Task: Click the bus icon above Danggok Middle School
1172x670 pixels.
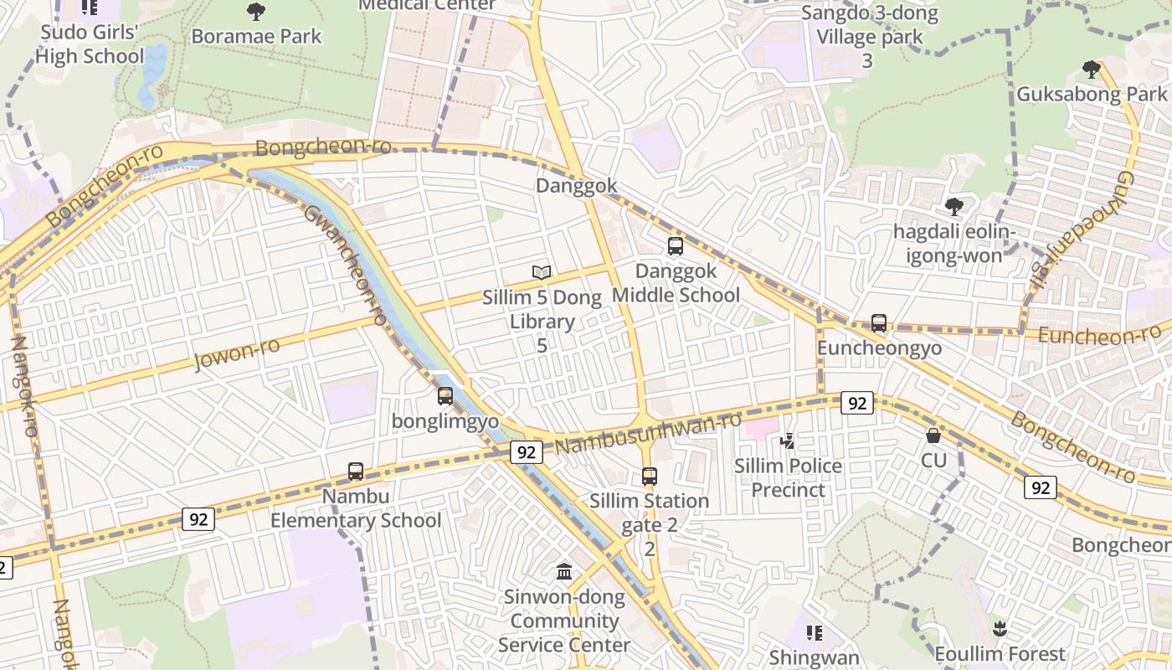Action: click(676, 246)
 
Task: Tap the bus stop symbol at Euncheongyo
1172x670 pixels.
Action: click(879, 323)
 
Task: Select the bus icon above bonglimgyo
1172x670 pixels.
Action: click(445, 396)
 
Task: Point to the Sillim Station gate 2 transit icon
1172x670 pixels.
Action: click(650, 477)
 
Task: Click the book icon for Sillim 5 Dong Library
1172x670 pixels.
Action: click(542, 272)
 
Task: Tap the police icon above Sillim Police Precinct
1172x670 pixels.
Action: click(787, 441)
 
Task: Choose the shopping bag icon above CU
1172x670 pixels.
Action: click(933, 435)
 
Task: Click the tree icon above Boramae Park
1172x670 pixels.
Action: click(256, 12)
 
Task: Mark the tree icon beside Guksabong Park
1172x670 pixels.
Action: click(1091, 69)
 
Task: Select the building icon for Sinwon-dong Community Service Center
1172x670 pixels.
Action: click(565, 572)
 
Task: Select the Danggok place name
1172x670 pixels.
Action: click(577, 186)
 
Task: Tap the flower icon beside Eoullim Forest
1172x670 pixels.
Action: click(999, 628)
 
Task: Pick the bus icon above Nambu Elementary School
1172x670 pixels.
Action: click(356, 472)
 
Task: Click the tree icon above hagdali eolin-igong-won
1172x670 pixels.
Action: click(954, 207)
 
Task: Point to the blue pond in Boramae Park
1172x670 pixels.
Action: click(153, 75)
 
